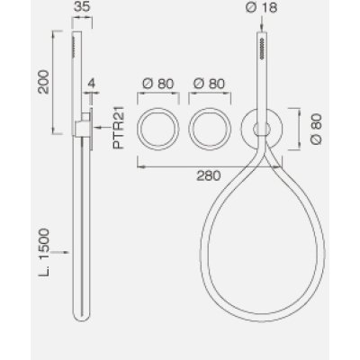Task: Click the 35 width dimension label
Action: pyautogui.click(x=82, y=6)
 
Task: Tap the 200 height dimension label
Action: pyautogui.click(x=44, y=82)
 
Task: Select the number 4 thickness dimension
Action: pyautogui.click(x=91, y=83)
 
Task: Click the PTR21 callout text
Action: pyautogui.click(x=119, y=128)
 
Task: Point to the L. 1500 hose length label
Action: pyautogui.click(x=44, y=253)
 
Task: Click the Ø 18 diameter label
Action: pyautogui.click(x=261, y=7)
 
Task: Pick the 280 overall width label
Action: pyautogui.click(x=209, y=175)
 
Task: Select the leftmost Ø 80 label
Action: pyautogui.click(x=158, y=84)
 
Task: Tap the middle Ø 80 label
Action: pyautogui.click(x=209, y=84)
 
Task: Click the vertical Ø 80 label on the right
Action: pyautogui.click(x=316, y=129)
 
